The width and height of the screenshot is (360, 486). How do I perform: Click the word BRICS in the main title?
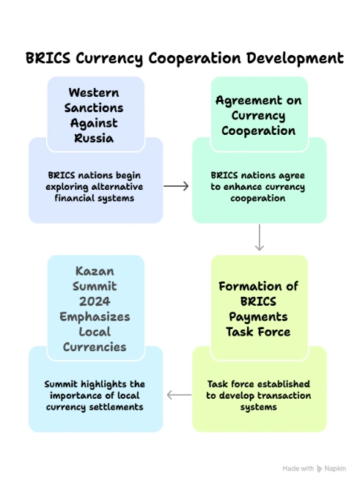coord(50,57)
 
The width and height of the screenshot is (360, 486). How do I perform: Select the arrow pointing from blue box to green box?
coord(176,186)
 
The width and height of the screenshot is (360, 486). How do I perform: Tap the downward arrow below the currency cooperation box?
coord(260,237)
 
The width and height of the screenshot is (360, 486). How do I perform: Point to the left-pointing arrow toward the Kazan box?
coord(179,395)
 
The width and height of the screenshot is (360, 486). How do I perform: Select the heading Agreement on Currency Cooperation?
coord(259,115)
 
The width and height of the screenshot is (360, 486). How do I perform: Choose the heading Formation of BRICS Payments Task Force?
coord(259,308)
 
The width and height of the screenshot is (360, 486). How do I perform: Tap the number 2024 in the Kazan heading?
coord(95,302)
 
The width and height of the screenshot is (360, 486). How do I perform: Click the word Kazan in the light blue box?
coord(95,271)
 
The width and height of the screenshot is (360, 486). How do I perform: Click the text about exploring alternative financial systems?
coord(95,187)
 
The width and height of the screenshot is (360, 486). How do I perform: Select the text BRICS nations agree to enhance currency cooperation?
coord(259,187)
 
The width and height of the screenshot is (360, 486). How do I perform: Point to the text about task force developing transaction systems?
coord(259,395)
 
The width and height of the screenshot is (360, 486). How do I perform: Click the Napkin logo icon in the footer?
coord(320,468)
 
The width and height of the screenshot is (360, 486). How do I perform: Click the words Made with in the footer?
coord(298,468)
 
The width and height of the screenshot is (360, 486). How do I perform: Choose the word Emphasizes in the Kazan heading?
coord(95,317)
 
